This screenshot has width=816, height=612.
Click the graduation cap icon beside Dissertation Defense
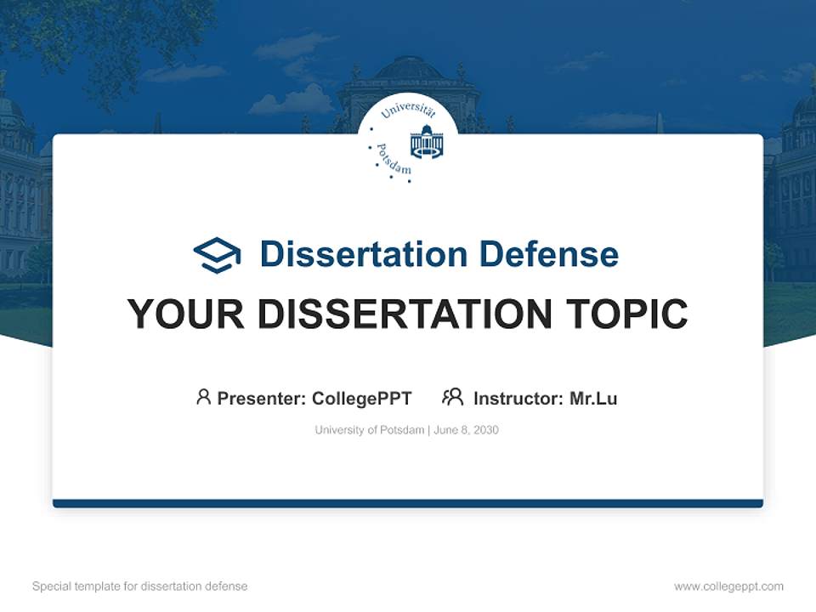217,255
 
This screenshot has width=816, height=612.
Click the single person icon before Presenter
203,397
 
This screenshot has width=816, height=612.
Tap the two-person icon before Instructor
452,397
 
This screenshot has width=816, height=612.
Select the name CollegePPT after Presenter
362,398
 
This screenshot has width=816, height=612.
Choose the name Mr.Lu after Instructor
593,398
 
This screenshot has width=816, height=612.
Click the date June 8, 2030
467,430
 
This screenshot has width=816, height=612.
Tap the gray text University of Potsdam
369,430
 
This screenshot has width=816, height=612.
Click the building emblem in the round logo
427,142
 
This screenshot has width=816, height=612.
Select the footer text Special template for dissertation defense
140,586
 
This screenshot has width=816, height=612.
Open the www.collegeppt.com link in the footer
728,586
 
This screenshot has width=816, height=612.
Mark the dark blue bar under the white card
408,503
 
